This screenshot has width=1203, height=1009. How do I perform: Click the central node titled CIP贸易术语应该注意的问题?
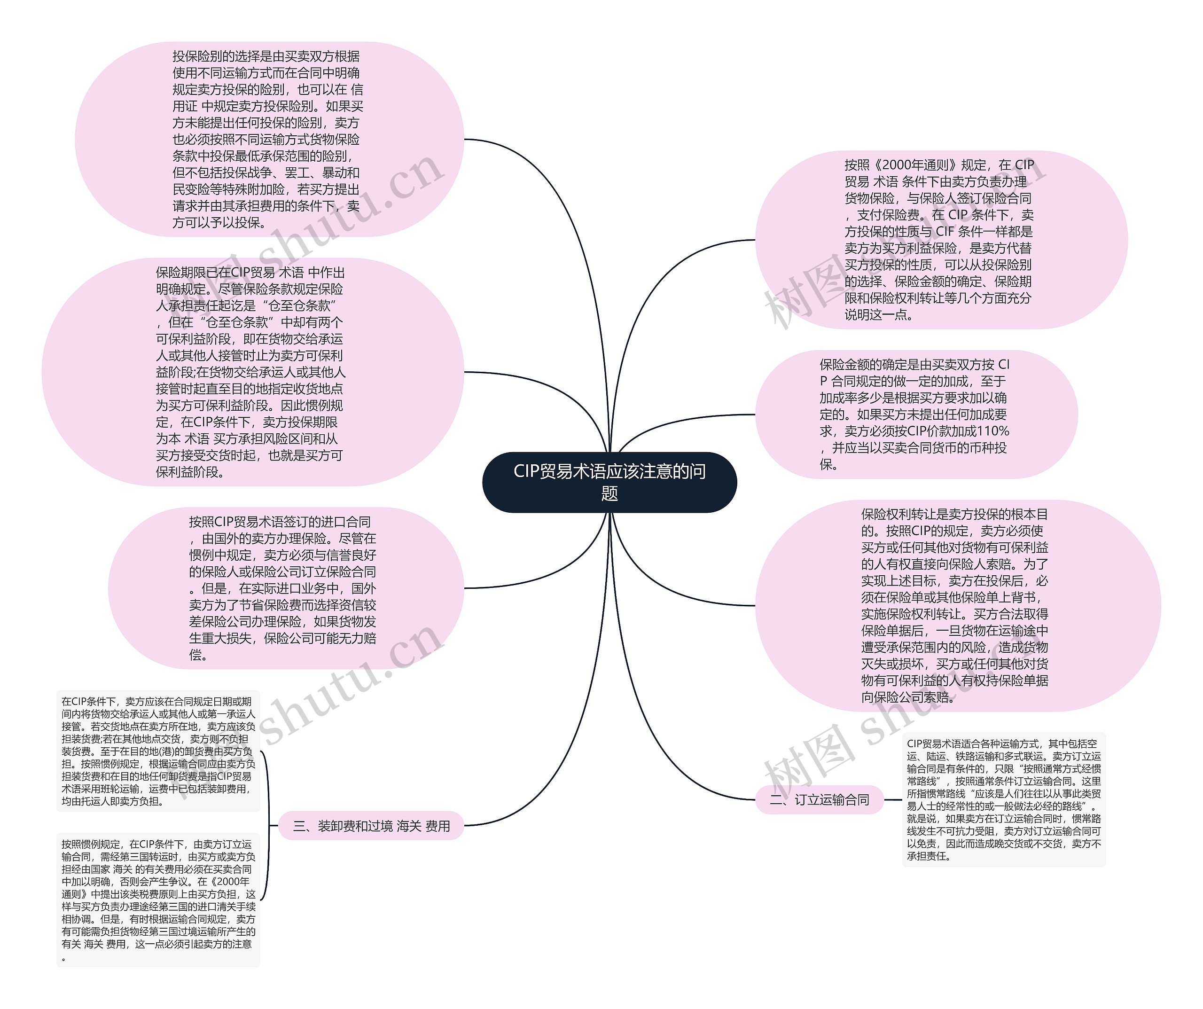coord(609,482)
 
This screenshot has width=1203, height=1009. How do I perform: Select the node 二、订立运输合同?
coord(820,799)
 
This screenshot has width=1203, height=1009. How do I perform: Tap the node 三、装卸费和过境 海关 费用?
coord(371,826)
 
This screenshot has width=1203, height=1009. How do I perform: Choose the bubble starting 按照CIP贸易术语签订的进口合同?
coord(285,588)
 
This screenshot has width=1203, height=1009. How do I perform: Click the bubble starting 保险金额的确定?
coord(915,414)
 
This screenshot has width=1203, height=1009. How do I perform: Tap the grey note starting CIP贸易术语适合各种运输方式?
coord(1004,799)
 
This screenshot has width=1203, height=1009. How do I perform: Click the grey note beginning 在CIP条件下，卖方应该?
coord(158,751)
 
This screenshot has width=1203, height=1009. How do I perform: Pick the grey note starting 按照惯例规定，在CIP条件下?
coord(158,901)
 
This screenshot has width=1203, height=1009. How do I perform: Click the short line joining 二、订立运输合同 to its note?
coord(892,799)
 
